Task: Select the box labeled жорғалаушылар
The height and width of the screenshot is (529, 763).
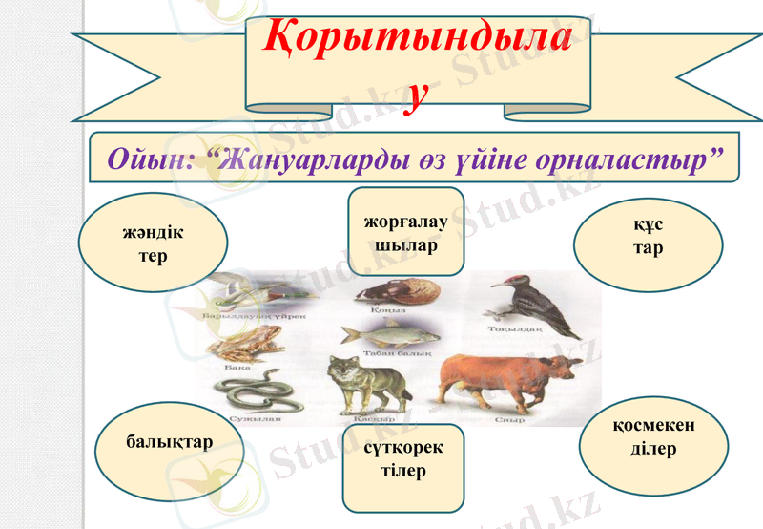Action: [405, 233]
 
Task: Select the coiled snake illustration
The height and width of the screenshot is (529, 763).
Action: [253, 392]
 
